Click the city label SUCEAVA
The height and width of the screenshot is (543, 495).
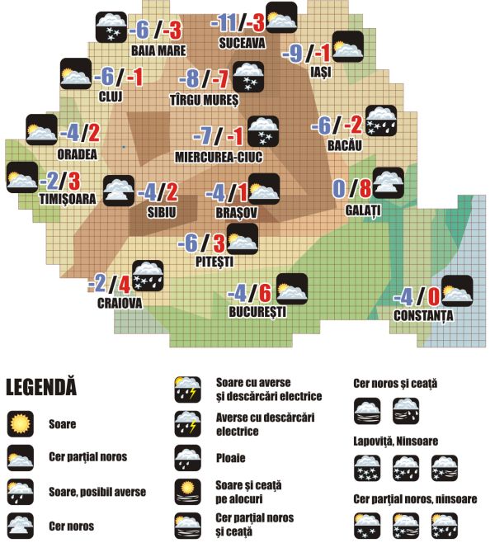(242, 40)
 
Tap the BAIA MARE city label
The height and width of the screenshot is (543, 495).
(158, 49)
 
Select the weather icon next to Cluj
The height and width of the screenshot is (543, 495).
(76, 74)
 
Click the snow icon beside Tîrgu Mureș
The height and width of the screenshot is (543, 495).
(248, 77)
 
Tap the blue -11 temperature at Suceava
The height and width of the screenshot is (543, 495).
(225, 21)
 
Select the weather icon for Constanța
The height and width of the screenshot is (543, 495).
(457, 290)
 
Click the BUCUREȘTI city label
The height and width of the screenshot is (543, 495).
(258, 313)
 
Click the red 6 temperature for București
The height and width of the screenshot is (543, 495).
(265, 293)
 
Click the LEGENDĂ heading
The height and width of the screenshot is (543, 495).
(40, 385)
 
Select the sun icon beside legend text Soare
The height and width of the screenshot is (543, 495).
(21, 424)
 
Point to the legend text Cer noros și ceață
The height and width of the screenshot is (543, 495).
(394, 383)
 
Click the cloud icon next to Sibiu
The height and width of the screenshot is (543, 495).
(118, 191)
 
